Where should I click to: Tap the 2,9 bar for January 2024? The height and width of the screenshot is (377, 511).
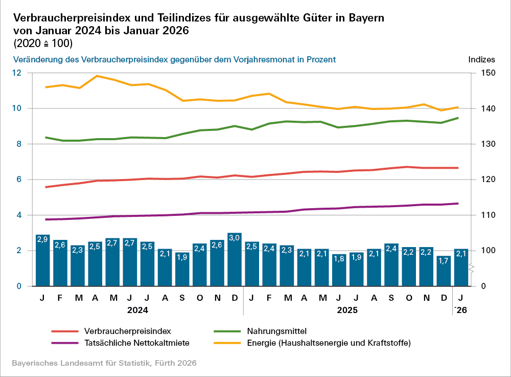[43, 260]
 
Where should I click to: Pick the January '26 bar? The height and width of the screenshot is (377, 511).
[461, 268]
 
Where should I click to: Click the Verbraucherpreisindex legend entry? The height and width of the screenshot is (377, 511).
[126, 330]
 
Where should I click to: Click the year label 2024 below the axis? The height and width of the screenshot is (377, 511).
[137, 309]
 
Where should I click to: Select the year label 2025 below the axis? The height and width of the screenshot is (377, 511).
[347, 309]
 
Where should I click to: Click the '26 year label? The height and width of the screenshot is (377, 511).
[460, 309]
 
